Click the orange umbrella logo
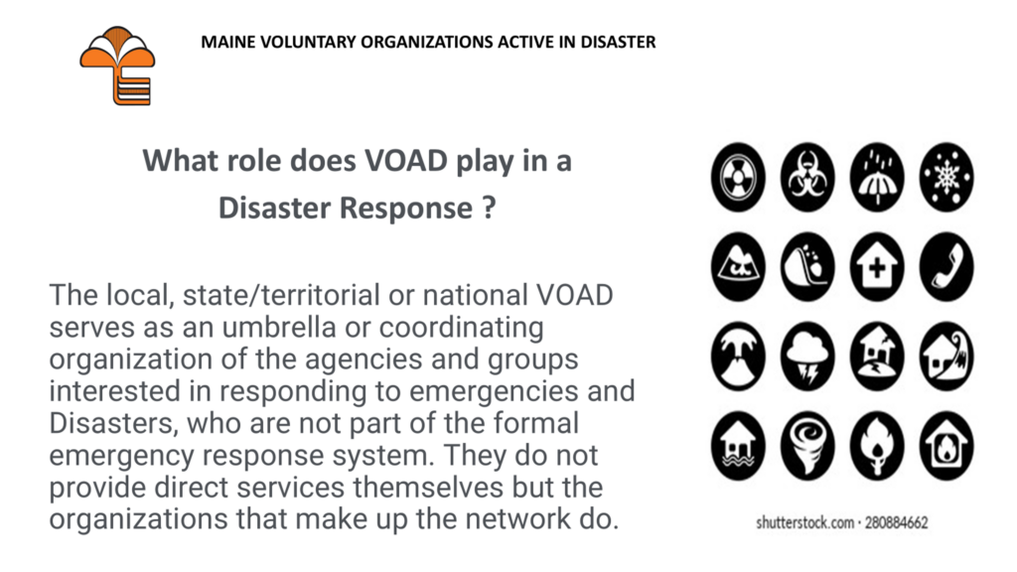[x=117, y=66]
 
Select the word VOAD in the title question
[x=406, y=160]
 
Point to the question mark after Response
[x=489, y=208]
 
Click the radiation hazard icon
[x=738, y=177]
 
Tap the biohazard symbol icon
[x=807, y=177]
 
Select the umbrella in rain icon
[x=877, y=177]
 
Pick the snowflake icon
[x=946, y=177]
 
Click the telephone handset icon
[x=946, y=266]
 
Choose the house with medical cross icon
[x=877, y=266]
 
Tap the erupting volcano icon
[x=738, y=357]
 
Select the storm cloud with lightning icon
[x=807, y=357]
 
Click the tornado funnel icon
[x=807, y=446]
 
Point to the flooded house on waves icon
[x=738, y=446]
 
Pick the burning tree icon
[x=877, y=446]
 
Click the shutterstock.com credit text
[x=842, y=522]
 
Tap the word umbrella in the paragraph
[x=279, y=327]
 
